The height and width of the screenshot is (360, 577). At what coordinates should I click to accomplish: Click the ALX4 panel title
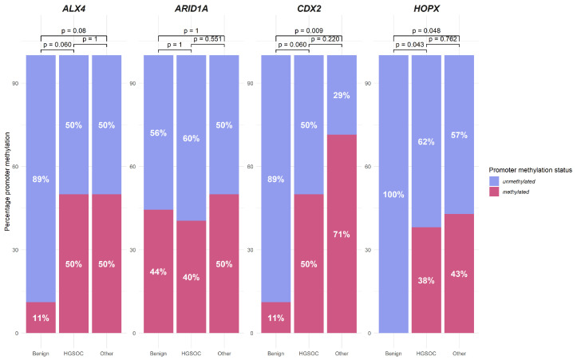pyautogui.click(x=73, y=9)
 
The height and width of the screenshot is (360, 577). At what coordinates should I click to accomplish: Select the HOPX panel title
pyautogui.click(x=426, y=9)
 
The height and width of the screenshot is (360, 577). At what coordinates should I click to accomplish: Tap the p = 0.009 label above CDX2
pyautogui.click(x=309, y=30)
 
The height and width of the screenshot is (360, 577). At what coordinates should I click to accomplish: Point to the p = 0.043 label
pyautogui.click(x=410, y=45)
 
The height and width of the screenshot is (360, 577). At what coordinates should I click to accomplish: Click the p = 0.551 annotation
pyautogui.click(x=208, y=38)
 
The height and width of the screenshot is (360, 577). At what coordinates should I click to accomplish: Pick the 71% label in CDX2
pyautogui.click(x=342, y=234)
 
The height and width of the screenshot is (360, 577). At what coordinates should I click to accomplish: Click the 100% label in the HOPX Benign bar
pyautogui.click(x=393, y=194)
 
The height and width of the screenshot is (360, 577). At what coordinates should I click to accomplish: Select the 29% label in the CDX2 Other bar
pyautogui.click(x=342, y=95)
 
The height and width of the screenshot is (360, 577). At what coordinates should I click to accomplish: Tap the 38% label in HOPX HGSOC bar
pyautogui.click(x=426, y=280)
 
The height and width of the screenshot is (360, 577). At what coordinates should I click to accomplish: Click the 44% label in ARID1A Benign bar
pyautogui.click(x=158, y=271)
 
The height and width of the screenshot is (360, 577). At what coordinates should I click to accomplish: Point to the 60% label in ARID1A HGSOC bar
pyautogui.click(x=191, y=138)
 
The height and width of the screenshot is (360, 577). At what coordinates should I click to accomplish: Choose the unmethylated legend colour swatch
pyautogui.click(x=494, y=181)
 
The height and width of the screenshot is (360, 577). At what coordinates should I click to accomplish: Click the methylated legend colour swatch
pyautogui.click(x=494, y=192)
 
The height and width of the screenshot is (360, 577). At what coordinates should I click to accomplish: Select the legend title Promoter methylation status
pyautogui.click(x=530, y=170)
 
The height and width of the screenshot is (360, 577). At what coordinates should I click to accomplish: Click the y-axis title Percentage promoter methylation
pyautogui.click(x=7, y=181)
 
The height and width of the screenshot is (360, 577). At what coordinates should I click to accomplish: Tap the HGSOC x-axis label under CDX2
pyautogui.click(x=309, y=354)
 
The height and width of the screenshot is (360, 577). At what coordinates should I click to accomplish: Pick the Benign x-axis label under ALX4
pyautogui.click(x=41, y=354)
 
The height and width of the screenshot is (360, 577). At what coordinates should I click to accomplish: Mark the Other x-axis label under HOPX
pyautogui.click(x=459, y=354)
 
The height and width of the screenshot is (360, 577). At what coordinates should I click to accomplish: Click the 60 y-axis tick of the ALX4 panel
pyautogui.click(x=15, y=166)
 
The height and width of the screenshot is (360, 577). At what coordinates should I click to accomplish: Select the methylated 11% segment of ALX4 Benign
pyautogui.click(x=41, y=318)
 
